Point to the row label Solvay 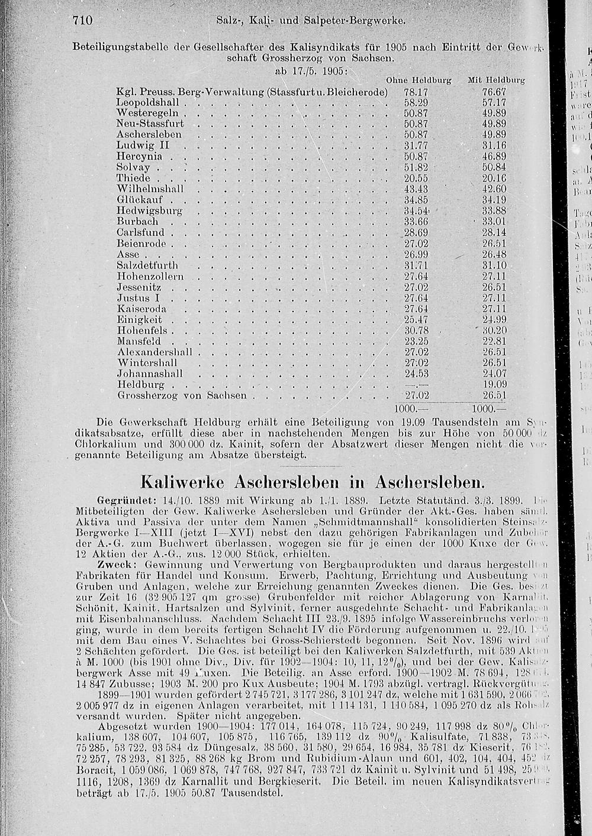coord(133,167)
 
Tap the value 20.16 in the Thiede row coord(494,178)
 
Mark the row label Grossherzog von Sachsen coord(182,395)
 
